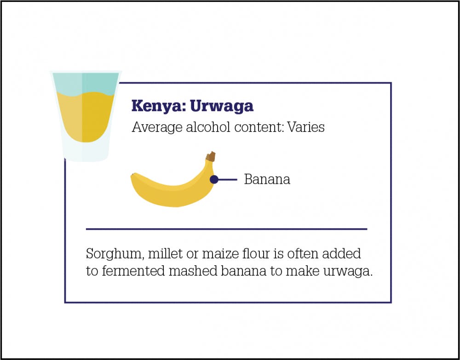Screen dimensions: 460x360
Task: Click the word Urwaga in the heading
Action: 222,106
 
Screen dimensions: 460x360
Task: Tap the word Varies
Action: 306,127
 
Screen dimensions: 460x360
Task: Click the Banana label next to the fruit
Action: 267,179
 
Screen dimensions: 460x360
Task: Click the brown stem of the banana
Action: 211,156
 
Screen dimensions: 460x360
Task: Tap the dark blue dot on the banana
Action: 214,179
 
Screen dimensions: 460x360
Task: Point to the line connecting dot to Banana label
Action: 228,179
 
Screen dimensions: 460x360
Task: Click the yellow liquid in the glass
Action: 85,117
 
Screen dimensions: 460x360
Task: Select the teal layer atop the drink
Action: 85,84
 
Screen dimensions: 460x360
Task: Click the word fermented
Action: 133,271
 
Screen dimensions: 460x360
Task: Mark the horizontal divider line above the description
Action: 226,229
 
